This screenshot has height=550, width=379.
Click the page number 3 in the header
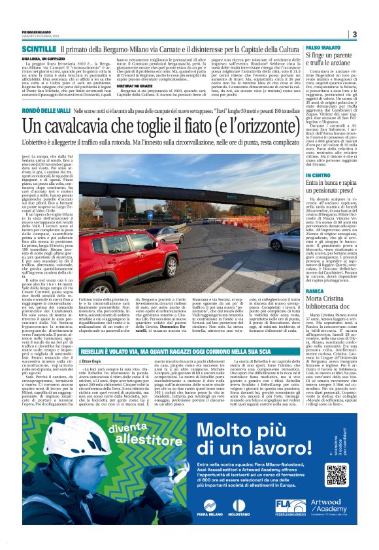tap(354, 34)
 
